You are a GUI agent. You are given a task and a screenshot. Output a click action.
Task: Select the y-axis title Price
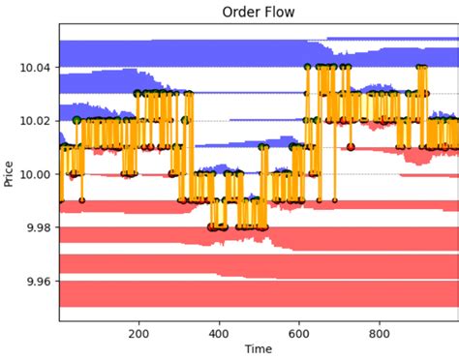point(10,174)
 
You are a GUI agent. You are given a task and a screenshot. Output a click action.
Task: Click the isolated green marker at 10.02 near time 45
point(76,120)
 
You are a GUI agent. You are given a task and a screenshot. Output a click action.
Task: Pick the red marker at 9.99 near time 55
point(81,200)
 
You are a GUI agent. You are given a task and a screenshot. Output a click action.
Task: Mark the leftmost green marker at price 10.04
point(307,67)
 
